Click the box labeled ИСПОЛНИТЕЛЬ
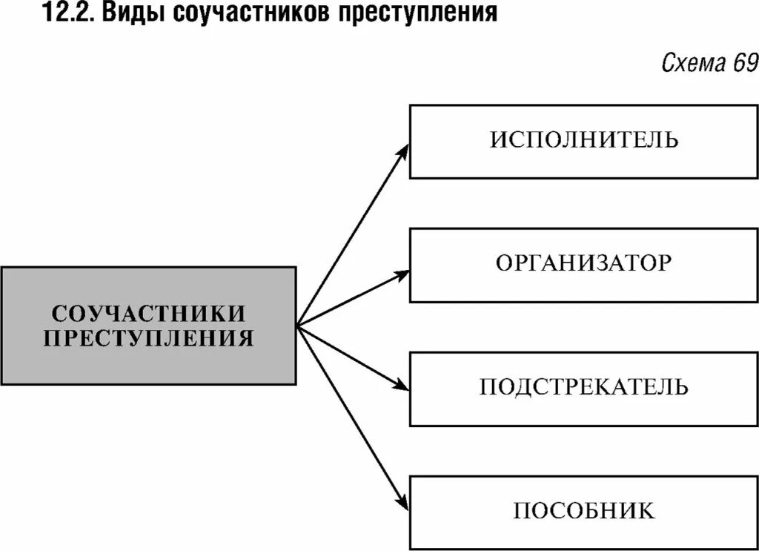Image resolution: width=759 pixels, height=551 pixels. point(583,141)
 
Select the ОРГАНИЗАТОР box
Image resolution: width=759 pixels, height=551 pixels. point(583,265)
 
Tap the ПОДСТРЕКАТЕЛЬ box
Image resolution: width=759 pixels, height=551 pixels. point(583,389)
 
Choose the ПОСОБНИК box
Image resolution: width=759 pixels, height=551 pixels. point(583,512)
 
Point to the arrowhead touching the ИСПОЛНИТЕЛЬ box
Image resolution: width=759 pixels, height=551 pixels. point(403,148)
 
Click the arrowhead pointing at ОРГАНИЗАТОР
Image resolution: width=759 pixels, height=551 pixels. point(402,274)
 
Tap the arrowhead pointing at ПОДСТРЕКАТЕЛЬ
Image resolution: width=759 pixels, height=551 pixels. point(402,386)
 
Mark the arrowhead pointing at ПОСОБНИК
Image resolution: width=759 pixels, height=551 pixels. point(403,504)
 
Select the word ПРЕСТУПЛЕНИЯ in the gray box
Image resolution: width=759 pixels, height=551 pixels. point(148,339)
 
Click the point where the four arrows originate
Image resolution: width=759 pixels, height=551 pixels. point(297,325)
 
